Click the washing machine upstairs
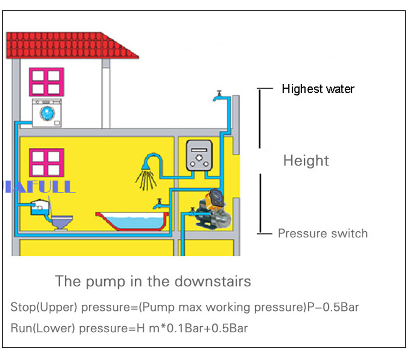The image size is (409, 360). click(47, 113)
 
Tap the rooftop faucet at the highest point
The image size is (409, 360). click(218, 97)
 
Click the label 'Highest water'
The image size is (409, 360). click(318, 89)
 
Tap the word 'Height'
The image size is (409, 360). click(306, 160)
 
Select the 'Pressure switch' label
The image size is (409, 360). click(323, 233)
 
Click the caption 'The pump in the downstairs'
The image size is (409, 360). click(153, 281)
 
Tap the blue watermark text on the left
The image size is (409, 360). click(38, 187)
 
